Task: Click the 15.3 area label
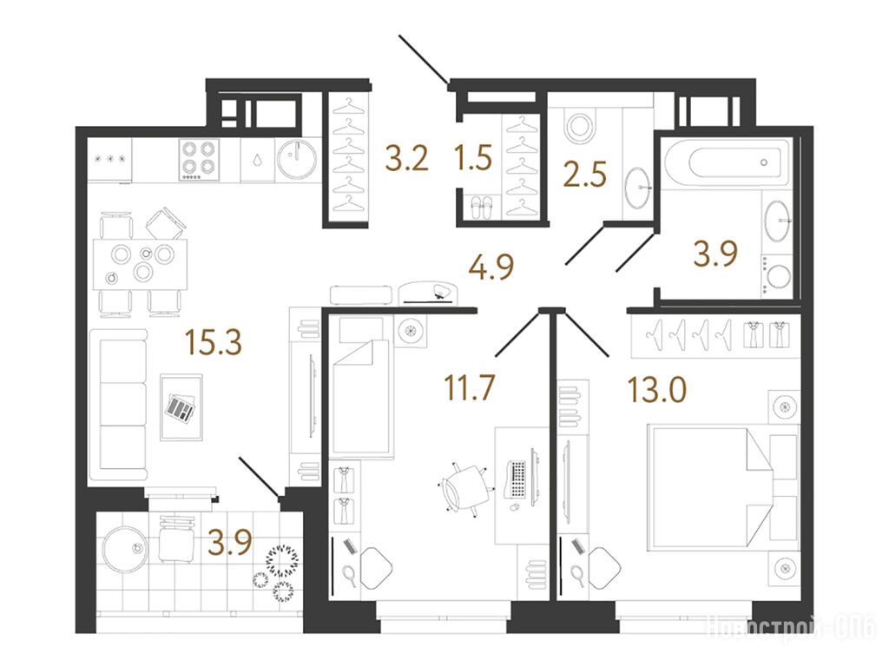click(x=214, y=342)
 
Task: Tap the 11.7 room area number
click(x=470, y=388)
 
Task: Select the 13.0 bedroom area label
click(x=657, y=390)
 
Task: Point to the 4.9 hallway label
click(x=491, y=267)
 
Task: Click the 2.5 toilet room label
click(x=585, y=174)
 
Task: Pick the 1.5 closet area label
click(x=473, y=158)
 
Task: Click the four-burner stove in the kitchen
click(x=200, y=160)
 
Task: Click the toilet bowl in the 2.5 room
click(x=579, y=126)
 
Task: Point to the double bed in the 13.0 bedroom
click(x=712, y=488)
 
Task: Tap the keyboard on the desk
click(x=517, y=479)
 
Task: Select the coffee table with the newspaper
click(x=181, y=406)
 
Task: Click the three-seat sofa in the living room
click(x=118, y=405)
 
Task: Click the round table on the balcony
click(x=124, y=549)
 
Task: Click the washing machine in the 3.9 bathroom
click(x=777, y=275)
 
